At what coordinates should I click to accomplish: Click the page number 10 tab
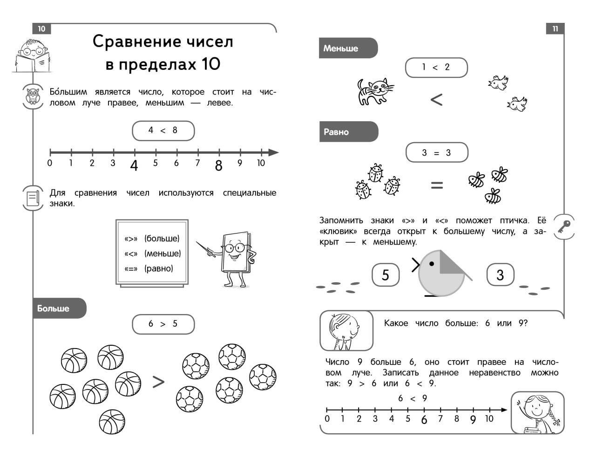[x=41, y=29]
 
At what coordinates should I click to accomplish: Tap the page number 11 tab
[x=555, y=29]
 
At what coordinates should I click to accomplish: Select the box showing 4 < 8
[x=163, y=130]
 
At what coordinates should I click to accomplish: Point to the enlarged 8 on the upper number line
[x=218, y=165]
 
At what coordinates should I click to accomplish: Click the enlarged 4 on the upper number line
[x=134, y=165]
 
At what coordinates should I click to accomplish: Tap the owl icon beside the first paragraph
[x=33, y=97]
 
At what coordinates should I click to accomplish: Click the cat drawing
[x=374, y=91]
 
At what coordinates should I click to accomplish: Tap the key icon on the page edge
[x=564, y=227]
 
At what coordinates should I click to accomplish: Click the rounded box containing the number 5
[x=386, y=275]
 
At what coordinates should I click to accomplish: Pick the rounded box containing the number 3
[x=500, y=275]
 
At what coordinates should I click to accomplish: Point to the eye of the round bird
[x=432, y=264]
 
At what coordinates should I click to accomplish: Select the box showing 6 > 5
[x=163, y=324]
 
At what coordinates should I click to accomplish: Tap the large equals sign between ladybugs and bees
[x=437, y=185]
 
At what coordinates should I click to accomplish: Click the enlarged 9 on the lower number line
[x=473, y=420]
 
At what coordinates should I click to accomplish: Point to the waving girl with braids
[x=537, y=413]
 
